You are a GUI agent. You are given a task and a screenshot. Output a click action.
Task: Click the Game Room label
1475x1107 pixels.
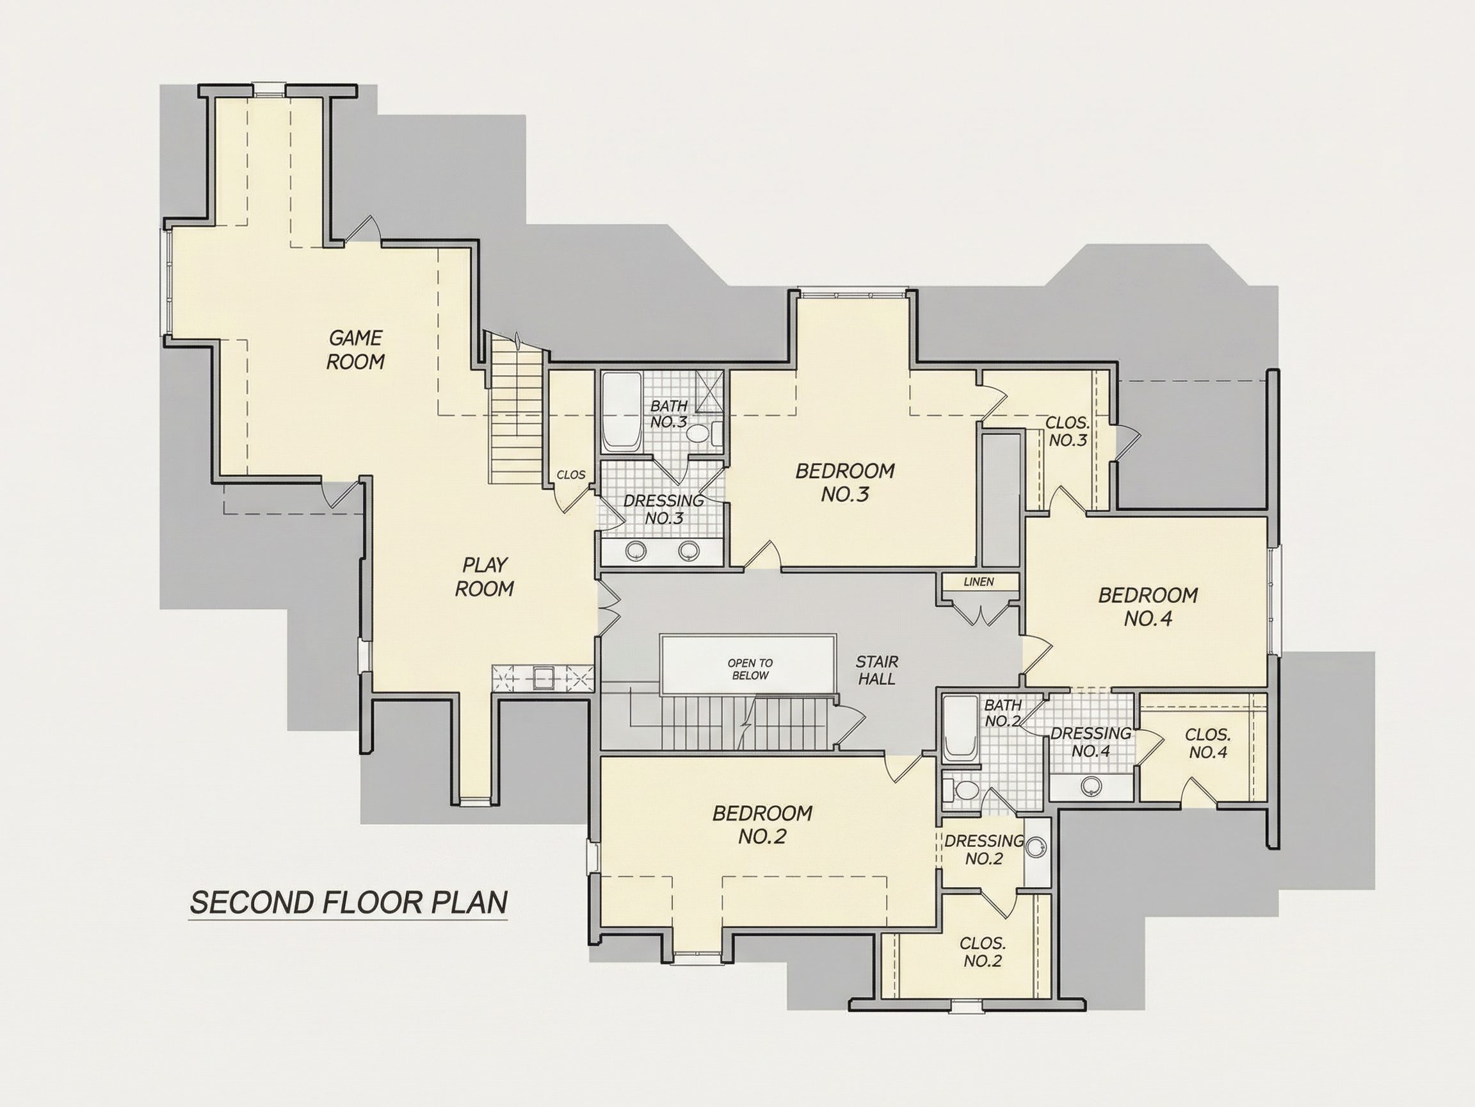pyautogui.click(x=355, y=350)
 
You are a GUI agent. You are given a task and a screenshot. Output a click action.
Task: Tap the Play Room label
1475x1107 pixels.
pyautogui.click(x=485, y=577)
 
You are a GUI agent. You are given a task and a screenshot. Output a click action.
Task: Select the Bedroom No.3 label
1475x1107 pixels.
pyautogui.click(x=845, y=482)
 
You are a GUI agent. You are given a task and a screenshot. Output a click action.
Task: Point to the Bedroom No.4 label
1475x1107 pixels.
pyautogui.click(x=1149, y=607)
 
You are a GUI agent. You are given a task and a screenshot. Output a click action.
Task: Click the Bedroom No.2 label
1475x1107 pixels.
pyautogui.click(x=762, y=824)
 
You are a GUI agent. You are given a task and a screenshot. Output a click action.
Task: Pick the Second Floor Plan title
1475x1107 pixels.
pyautogui.click(x=349, y=902)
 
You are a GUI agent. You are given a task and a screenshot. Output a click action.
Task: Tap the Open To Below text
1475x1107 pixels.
pyautogui.click(x=750, y=669)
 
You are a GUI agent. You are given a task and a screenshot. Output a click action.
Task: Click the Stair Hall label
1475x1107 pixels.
pyautogui.click(x=877, y=670)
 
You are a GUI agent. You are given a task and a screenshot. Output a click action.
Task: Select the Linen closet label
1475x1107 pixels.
pyautogui.click(x=979, y=582)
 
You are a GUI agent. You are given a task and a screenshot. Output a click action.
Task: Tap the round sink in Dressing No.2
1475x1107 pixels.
pyautogui.click(x=1035, y=848)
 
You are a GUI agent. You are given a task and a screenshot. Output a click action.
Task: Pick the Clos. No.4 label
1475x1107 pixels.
pyautogui.click(x=1207, y=743)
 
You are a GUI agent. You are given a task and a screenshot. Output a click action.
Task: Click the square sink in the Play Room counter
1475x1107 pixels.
pyautogui.click(x=541, y=678)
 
